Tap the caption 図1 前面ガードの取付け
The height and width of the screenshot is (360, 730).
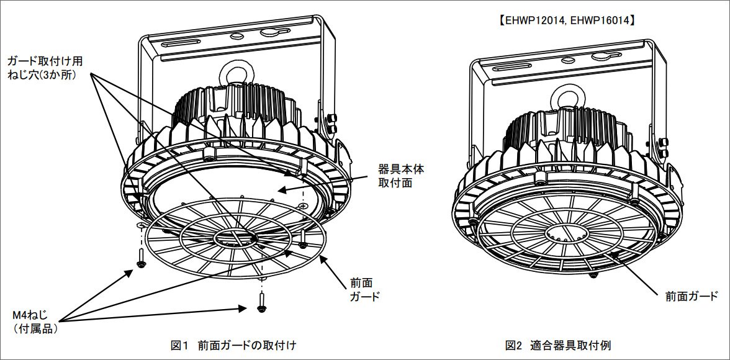[x=237, y=344]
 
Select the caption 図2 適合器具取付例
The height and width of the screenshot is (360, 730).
[x=563, y=344]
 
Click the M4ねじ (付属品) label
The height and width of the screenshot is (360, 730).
[x=35, y=323]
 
